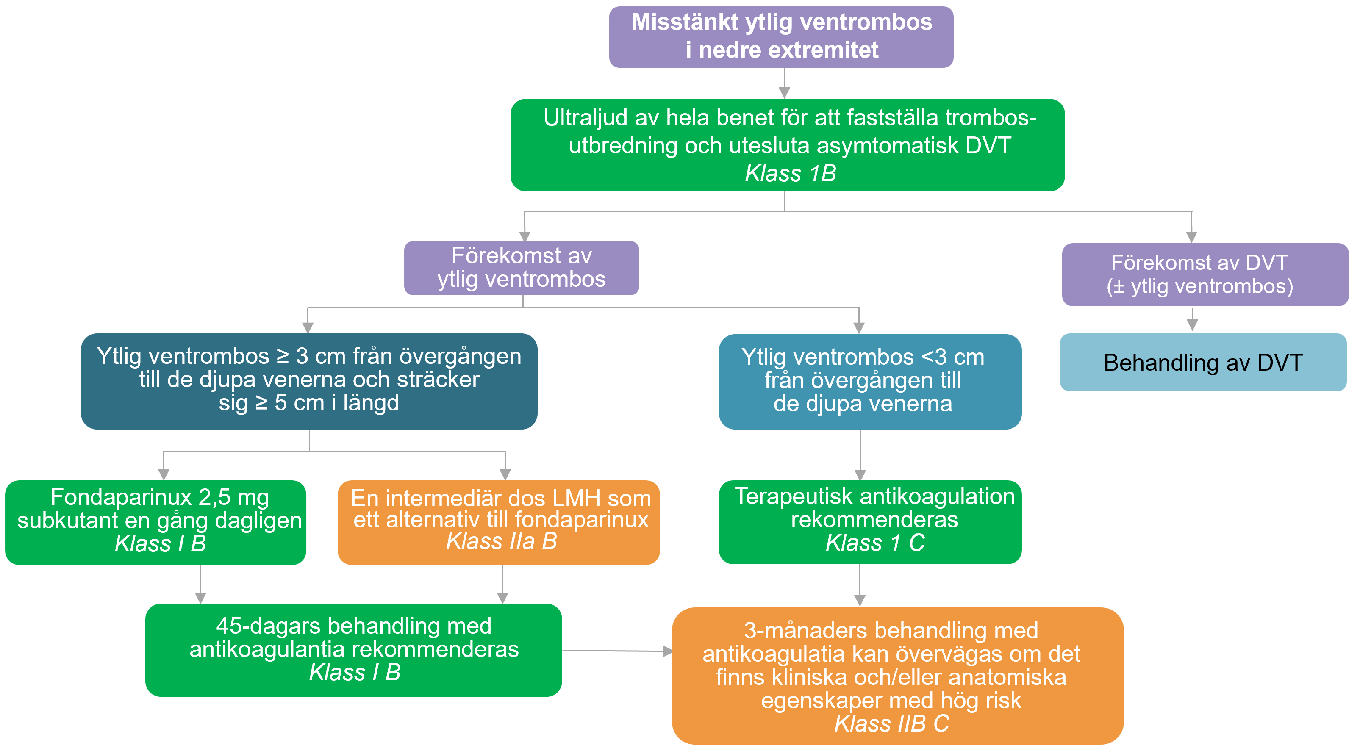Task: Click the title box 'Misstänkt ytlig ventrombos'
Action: pos(781,36)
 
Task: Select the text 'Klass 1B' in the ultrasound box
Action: pos(790,174)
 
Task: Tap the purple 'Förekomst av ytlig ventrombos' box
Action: pos(521,268)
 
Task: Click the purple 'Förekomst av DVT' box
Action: pos(1205,274)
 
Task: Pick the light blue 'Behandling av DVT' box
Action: pos(1203,363)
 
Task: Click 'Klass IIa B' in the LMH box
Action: pos(501,541)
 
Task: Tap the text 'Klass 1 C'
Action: pos(875,543)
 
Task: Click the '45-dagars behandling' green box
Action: pos(353,650)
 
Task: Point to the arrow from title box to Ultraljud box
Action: pos(785,83)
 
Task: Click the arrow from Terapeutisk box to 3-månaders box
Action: pos(860,586)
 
